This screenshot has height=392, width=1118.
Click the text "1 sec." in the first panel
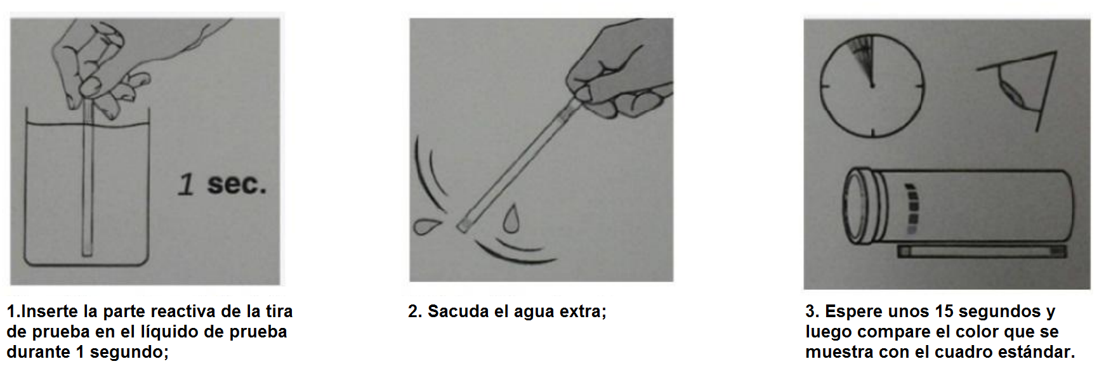point(222,184)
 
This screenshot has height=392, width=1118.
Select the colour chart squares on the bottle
point(912,209)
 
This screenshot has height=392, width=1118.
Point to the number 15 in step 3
point(945,311)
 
